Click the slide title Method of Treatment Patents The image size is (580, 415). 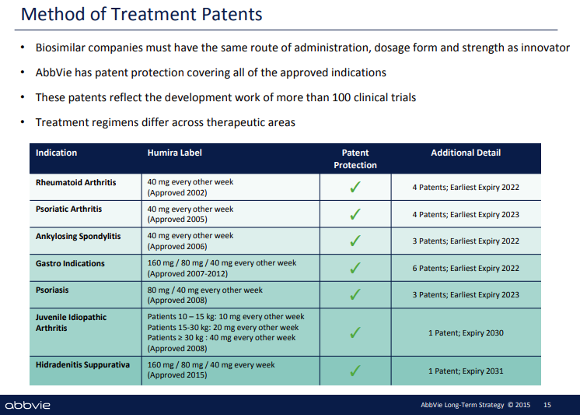click(x=142, y=14)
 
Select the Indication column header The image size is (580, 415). click(x=56, y=153)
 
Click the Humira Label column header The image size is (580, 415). click(x=174, y=153)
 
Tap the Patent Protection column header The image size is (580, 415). click(x=355, y=159)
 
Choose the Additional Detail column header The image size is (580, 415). click(x=466, y=153)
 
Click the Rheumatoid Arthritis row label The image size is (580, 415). click(x=75, y=182)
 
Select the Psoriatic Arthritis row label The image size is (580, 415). click(x=68, y=209)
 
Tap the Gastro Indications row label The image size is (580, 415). click(x=70, y=263)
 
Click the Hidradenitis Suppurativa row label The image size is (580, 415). click(x=82, y=364)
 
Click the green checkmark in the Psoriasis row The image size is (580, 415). click(x=355, y=295)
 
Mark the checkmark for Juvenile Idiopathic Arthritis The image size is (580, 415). click(x=355, y=332)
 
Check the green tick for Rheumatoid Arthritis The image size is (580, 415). click(x=355, y=187)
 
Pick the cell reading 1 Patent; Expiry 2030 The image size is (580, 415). click(x=466, y=333)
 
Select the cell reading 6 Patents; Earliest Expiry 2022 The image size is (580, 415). click(x=466, y=269)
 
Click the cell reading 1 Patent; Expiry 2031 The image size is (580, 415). click(x=466, y=371)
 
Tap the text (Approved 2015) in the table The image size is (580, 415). click(x=177, y=375)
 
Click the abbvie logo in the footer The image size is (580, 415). click(x=27, y=405)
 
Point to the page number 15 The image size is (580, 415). click(x=547, y=405)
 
